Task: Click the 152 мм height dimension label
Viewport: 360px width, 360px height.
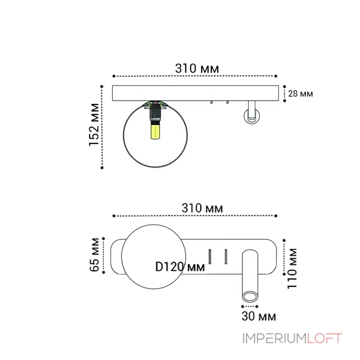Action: tap(94, 125)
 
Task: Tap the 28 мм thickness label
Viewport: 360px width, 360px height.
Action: tap(300, 94)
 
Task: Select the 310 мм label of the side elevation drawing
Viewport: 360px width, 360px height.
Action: tap(197, 68)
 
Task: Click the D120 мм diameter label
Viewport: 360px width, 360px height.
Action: tap(180, 266)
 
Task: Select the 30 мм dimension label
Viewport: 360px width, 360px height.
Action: tap(258, 316)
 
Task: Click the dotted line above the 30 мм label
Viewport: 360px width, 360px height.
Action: tap(250, 307)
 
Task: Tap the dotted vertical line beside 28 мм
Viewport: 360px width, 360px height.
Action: tap(284, 94)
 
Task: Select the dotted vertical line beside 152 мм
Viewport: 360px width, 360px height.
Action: tap(103, 126)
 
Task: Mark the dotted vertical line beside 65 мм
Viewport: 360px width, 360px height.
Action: tap(103, 255)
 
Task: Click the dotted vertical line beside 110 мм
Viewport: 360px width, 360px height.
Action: tap(284, 256)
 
